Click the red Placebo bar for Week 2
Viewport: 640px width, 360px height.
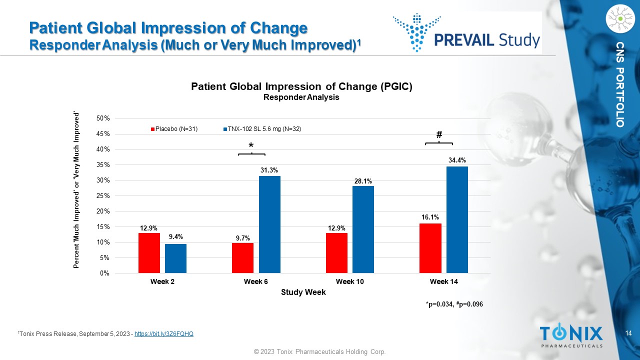(149, 253)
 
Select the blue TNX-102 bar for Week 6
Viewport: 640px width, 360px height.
(269, 224)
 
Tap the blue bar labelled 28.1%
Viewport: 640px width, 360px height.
(363, 229)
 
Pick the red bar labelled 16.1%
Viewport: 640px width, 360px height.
(430, 248)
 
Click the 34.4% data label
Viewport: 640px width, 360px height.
(457, 160)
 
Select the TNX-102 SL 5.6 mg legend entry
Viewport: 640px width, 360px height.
(264, 129)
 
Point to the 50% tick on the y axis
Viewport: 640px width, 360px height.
(103, 118)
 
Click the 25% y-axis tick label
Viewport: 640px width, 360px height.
(103, 196)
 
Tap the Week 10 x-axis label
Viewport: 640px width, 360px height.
(349, 282)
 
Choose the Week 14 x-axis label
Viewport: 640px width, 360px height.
(443, 282)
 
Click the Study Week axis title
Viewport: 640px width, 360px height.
(303, 292)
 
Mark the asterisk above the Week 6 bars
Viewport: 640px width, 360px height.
(251, 145)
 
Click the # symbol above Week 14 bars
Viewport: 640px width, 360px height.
(439, 135)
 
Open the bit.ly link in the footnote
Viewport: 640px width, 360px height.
(164, 333)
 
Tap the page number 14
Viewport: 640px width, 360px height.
(629, 333)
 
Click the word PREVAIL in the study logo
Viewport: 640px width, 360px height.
(465, 39)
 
